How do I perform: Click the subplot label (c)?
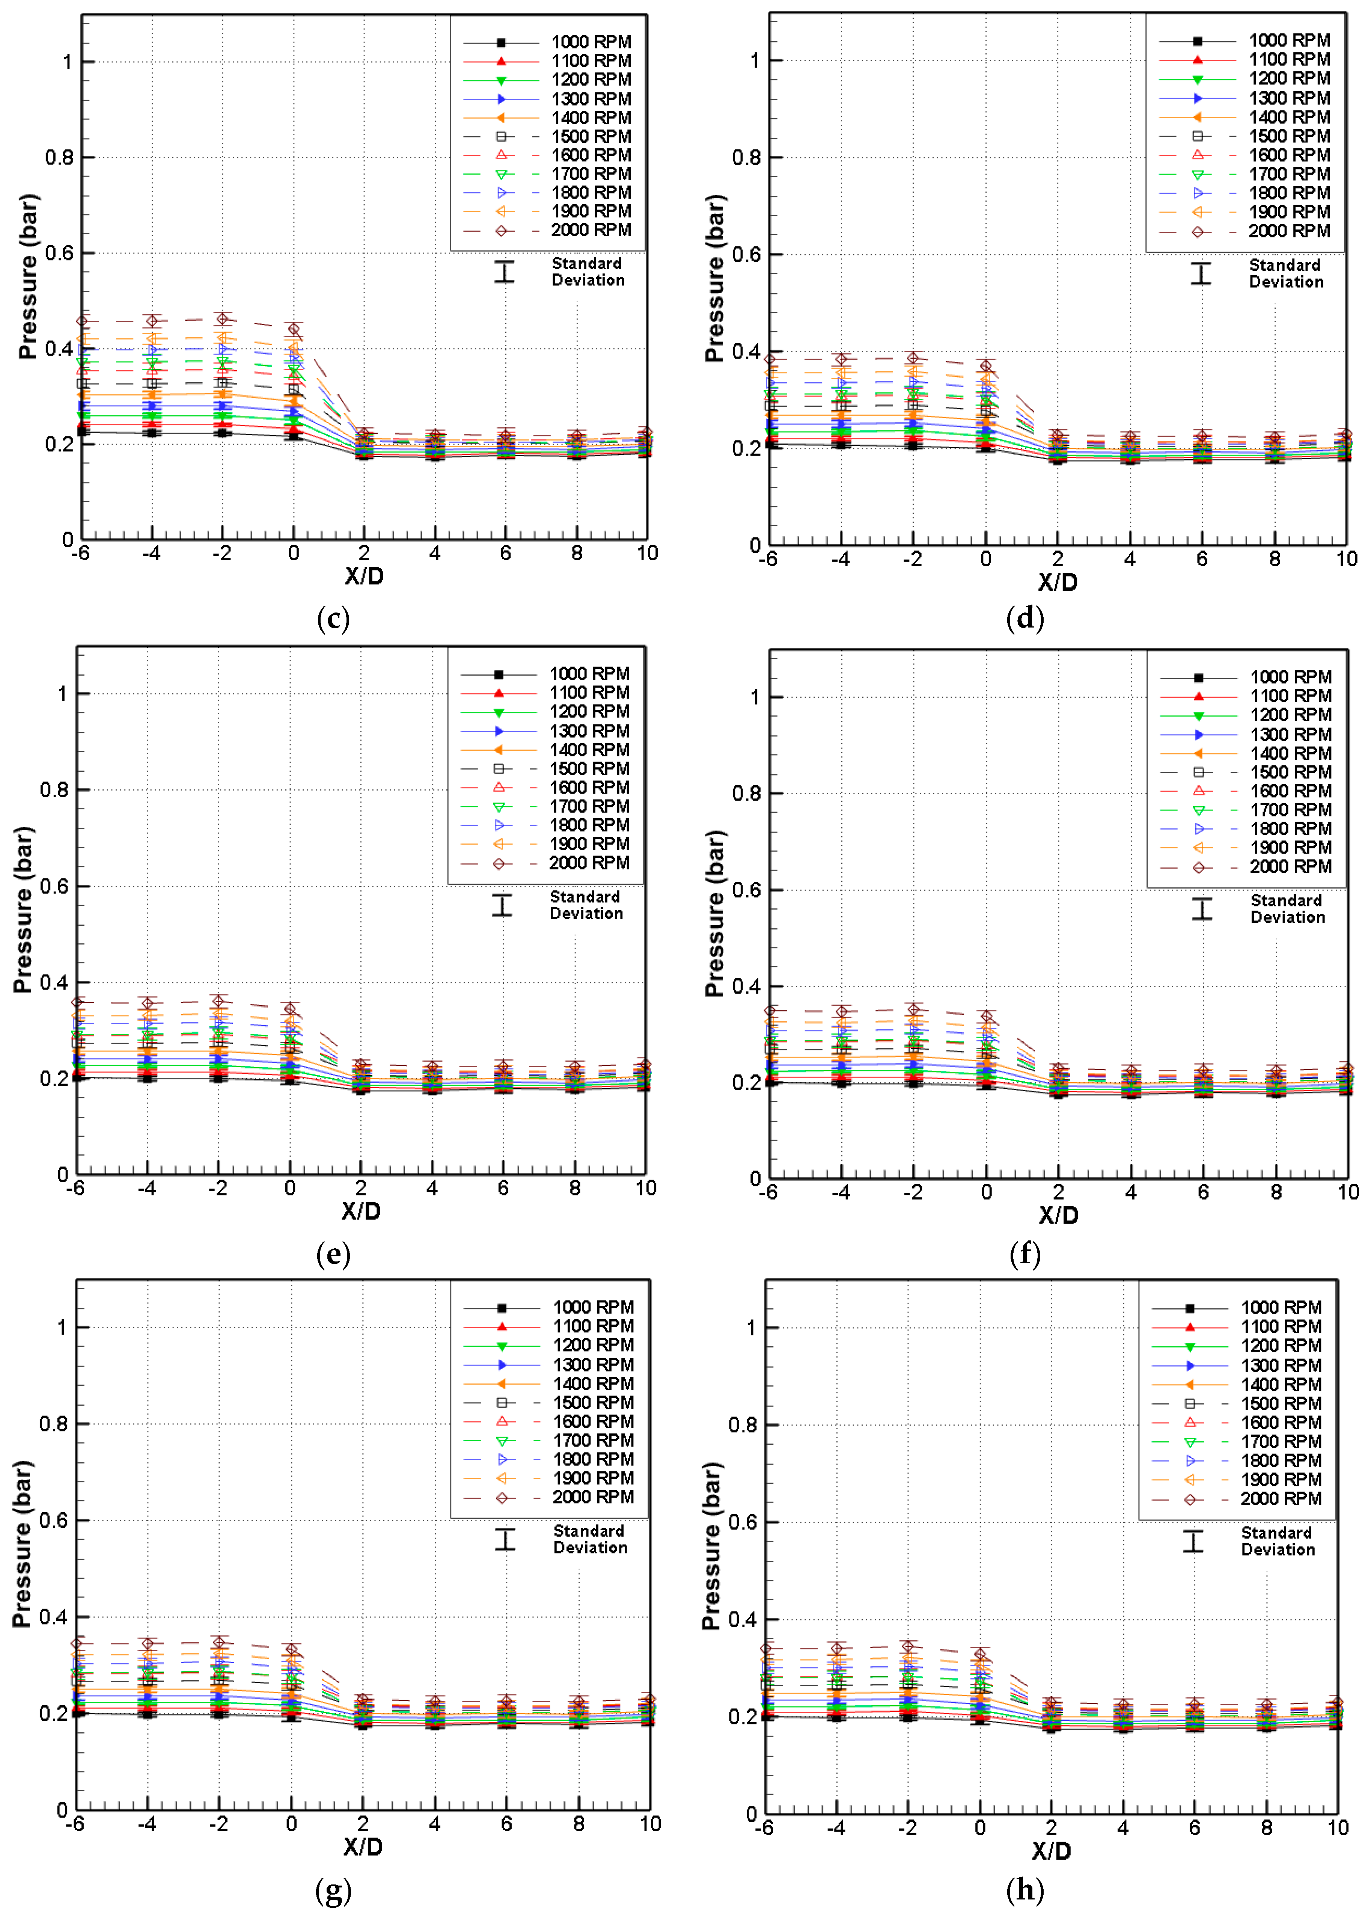[333, 619]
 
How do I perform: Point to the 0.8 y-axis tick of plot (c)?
[59, 157]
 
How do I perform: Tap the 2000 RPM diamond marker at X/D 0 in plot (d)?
[985, 367]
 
